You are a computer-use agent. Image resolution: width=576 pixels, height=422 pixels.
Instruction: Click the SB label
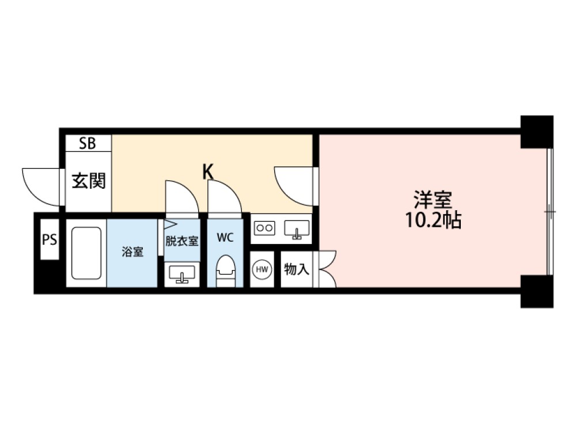pos(88,143)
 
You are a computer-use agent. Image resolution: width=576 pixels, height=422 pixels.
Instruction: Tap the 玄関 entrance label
pos(89,181)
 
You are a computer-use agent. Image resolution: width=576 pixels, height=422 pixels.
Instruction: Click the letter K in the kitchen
pos(209,172)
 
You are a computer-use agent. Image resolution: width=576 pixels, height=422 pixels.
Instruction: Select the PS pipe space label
pos(50,239)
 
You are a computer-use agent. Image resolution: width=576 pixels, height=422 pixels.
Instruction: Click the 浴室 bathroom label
pos(132,252)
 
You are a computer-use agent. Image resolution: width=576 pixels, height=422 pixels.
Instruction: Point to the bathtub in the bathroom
pos(86,253)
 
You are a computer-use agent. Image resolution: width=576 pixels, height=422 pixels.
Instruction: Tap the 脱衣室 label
pos(182,241)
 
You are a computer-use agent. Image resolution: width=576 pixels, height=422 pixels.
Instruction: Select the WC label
pos(225,238)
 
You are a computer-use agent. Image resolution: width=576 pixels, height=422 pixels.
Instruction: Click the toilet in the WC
pos(225,271)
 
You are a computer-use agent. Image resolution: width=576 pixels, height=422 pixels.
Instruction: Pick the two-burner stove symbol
pos(264,228)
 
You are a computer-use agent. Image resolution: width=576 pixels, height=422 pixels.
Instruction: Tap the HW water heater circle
pos(262,269)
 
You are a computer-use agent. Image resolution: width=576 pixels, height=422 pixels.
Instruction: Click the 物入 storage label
pos(297,269)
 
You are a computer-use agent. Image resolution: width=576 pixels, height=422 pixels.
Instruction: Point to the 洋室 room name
pos(433,200)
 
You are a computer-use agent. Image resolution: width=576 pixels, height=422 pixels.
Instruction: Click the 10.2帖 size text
pos(433,220)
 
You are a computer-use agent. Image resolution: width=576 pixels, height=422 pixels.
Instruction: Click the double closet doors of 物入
pos(328,269)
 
